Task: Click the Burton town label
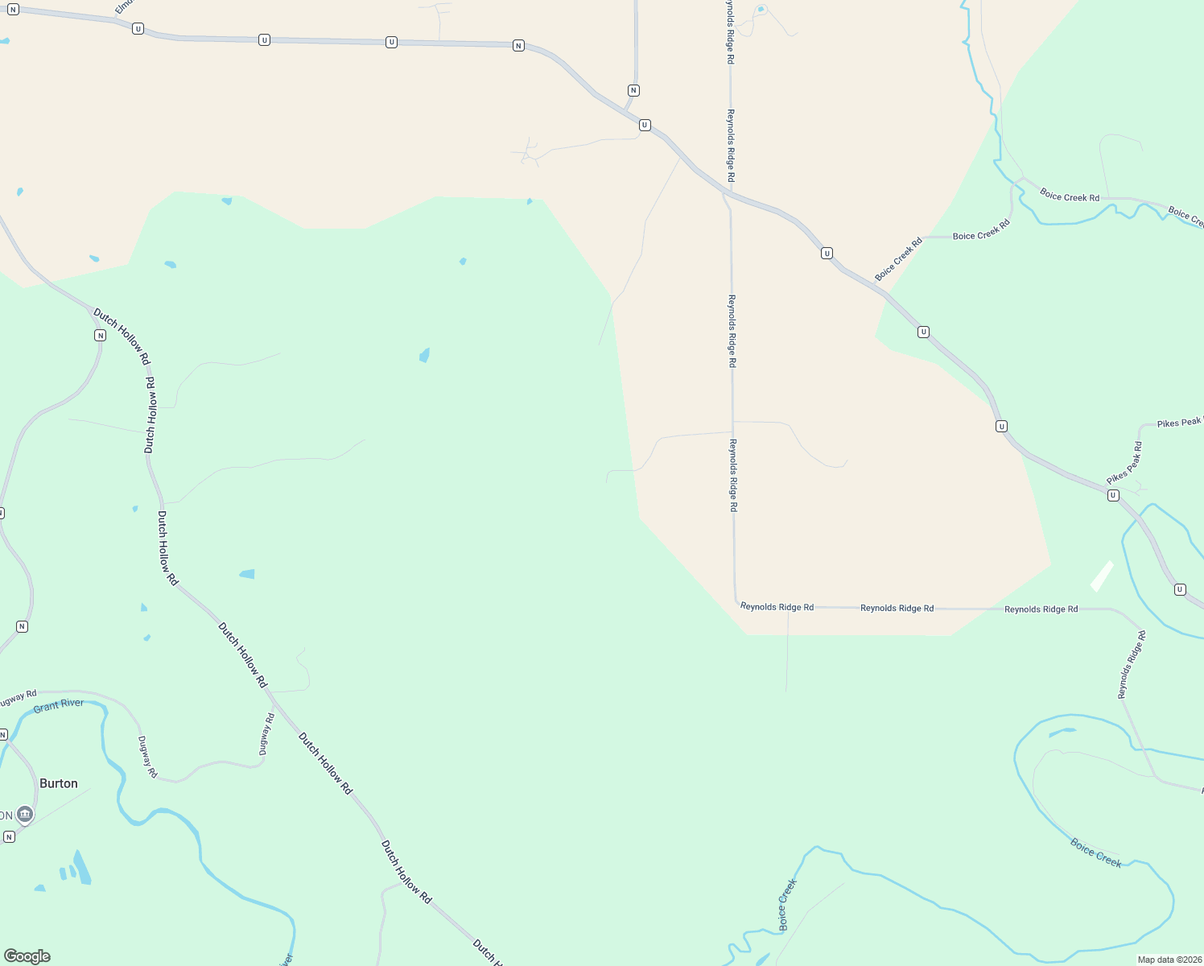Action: pos(59,783)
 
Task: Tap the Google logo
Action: pos(27,956)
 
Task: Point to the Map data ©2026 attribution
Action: pos(1169,960)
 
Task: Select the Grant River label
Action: pos(59,705)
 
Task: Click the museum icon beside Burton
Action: pos(26,815)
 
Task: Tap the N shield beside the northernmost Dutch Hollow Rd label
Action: pos(100,335)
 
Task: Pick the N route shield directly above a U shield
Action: pos(634,90)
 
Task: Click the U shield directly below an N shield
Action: pos(645,125)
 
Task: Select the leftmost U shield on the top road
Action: pos(138,29)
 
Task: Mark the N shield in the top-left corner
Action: pos(13,10)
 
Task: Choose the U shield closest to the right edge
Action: pos(1180,589)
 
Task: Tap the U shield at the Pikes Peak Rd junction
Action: pos(1113,495)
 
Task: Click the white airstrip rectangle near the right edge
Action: pos(1102,576)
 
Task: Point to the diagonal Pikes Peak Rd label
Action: pos(1124,464)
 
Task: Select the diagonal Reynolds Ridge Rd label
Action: pos(1131,665)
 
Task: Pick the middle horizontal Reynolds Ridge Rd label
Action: pos(897,608)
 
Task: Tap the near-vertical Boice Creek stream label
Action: pos(787,905)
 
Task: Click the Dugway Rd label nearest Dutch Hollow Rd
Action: pos(266,733)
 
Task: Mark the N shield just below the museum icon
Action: pos(9,837)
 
